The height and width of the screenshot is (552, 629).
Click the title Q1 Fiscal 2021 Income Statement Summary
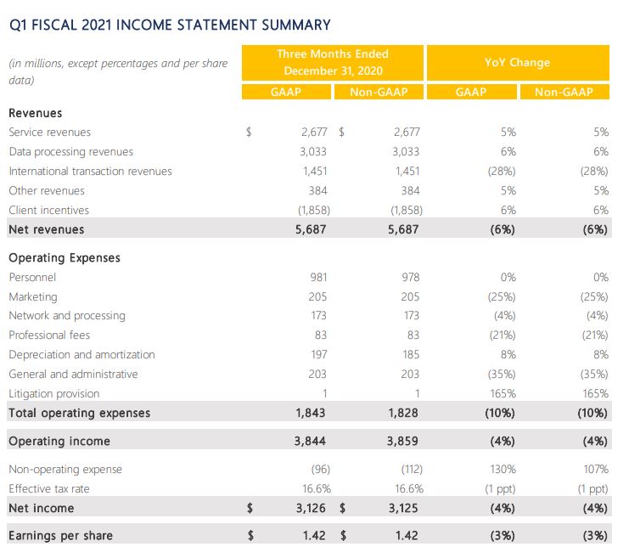pos(170,25)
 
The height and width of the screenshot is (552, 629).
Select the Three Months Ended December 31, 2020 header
pos(333,62)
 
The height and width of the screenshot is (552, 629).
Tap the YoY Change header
pos(517,62)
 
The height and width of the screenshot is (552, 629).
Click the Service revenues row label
pos(49,132)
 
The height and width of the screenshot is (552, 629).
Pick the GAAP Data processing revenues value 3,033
pos(313,152)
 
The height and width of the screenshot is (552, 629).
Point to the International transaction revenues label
pos(90,172)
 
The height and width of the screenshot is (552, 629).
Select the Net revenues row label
pos(46,229)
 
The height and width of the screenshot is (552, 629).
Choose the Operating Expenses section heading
pos(65,257)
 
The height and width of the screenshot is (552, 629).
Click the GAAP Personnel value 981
pos(317,277)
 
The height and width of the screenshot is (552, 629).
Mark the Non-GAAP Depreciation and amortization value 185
pos(408,355)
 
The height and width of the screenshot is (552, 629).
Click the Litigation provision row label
pos(53,394)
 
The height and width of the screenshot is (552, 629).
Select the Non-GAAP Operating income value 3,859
pos(402,442)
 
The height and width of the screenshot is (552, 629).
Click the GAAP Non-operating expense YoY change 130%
pos(503,470)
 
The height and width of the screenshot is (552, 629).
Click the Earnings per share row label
pos(60,536)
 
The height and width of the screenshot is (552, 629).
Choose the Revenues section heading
pos(35,113)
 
